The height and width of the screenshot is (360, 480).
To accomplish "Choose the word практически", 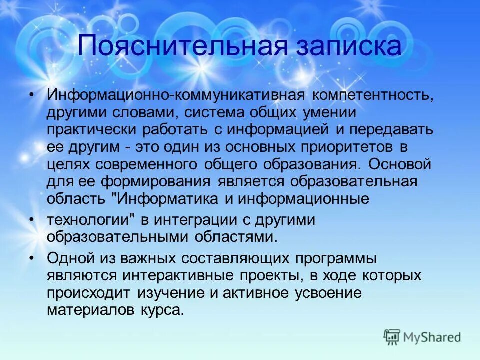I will pos(93,129).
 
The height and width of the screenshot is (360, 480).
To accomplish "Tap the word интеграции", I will pos(190,220).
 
